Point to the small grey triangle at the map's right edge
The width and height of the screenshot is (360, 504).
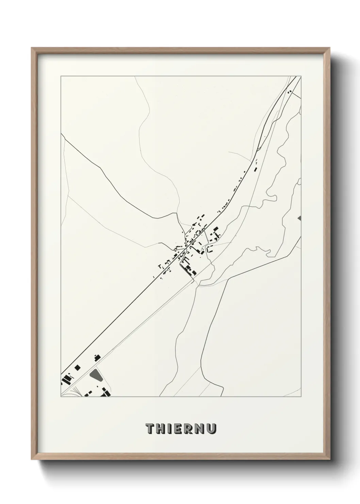click(x=299, y=218)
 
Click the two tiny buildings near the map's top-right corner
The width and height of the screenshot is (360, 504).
click(x=290, y=91)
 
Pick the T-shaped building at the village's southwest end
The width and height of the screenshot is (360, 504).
click(x=159, y=266)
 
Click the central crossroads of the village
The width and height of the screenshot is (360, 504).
click(x=186, y=250)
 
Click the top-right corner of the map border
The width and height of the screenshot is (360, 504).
click(x=301, y=76)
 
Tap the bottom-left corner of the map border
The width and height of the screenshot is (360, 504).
click(x=61, y=397)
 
